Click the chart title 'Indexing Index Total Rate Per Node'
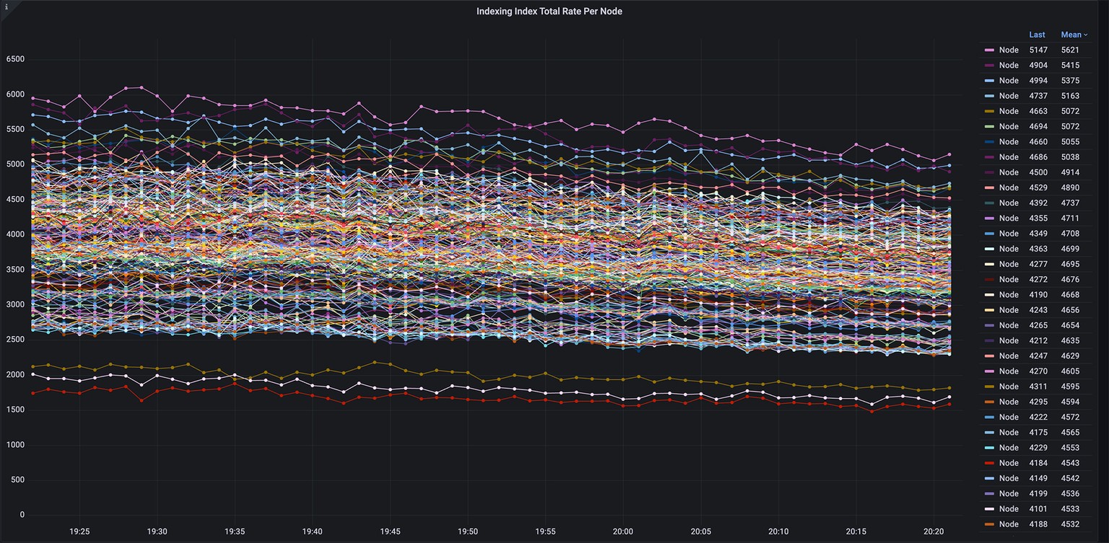point(549,12)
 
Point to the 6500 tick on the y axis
point(15,60)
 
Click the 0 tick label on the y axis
point(22,515)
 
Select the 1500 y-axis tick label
point(15,410)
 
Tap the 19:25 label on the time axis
point(79,531)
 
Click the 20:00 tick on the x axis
point(623,531)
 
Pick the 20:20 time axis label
point(934,531)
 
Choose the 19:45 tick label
point(390,531)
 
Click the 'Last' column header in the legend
point(1037,35)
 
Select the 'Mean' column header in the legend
point(1071,35)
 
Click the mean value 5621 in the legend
point(1070,50)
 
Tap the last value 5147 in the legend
point(1038,50)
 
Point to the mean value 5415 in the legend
point(1070,66)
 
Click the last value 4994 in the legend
point(1038,81)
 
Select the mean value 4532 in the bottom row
point(1070,524)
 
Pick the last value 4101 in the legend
point(1038,509)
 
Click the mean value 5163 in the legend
point(1070,96)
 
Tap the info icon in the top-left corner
point(6,5)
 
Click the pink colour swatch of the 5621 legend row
point(989,50)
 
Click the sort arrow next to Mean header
point(1085,35)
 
